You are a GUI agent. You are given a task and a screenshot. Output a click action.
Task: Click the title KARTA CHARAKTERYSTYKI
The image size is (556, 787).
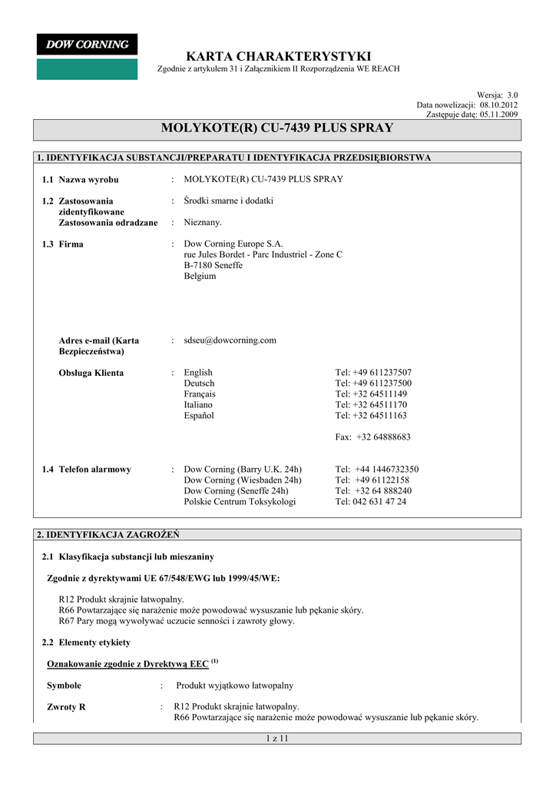click(x=278, y=56)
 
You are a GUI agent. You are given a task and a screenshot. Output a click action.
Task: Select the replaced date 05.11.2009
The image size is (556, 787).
click(x=499, y=114)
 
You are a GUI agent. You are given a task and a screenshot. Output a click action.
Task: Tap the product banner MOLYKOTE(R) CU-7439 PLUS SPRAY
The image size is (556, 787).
click(x=277, y=128)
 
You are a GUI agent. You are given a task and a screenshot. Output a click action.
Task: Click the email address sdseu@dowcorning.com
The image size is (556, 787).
click(x=230, y=340)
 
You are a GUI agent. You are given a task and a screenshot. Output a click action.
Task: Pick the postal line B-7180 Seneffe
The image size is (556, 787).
click(x=213, y=265)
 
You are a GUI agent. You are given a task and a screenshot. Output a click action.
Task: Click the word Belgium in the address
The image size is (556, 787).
click(x=200, y=276)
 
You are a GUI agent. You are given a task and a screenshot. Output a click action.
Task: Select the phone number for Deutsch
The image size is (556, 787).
click(x=373, y=383)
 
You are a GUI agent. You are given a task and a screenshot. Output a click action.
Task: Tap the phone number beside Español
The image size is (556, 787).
click(x=371, y=415)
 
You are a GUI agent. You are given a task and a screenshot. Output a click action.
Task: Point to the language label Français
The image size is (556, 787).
click(x=200, y=393)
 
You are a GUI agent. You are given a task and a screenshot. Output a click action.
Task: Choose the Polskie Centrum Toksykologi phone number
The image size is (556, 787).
click(x=371, y=501)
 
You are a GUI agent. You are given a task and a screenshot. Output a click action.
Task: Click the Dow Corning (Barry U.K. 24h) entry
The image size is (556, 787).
click(x=243, y=469)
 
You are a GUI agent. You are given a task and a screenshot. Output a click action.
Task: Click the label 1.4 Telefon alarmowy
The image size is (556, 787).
click(x=86, y=469)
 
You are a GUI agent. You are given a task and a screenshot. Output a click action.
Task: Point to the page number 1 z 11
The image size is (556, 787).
click(x=276, y=739)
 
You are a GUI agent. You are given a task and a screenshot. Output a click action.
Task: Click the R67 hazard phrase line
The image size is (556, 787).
click(x=177, y=621)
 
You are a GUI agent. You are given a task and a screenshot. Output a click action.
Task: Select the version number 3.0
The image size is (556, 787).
click(x=512, y=95)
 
